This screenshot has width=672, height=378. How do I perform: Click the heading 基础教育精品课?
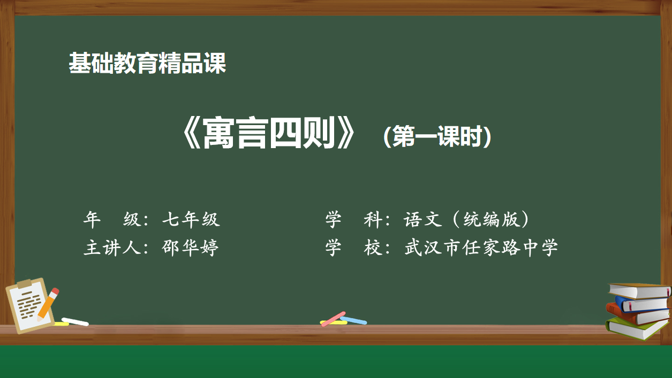(147, 63)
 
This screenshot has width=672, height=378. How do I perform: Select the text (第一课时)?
(437, 136)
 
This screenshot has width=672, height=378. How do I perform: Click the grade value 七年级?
(191, 220)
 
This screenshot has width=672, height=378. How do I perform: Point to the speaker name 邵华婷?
(190, 248)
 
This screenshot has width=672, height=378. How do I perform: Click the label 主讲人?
(112, 248)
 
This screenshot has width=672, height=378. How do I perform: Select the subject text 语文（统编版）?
(466, 220)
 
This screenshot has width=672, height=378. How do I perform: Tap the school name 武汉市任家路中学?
(481, 248)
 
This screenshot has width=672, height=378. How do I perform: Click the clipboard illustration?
(30, 305)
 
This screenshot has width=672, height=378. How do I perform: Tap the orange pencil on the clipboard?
(48, 304)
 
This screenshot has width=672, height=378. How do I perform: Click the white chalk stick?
(75, 322)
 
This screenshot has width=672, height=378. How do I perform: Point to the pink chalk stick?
(333, 319)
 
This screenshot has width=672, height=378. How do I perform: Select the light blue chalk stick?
(353, 320)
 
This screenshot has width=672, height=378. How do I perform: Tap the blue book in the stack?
(642, 304)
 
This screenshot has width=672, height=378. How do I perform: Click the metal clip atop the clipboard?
(25, 283)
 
